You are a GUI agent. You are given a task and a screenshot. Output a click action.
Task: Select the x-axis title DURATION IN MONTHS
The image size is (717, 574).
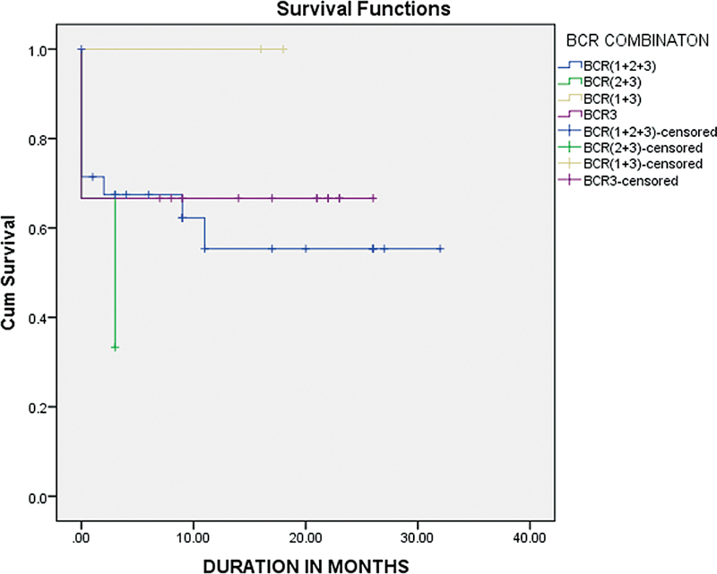click(x=305, y=565)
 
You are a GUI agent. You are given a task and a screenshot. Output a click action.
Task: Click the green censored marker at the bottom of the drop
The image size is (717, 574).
click(x=116, y=347)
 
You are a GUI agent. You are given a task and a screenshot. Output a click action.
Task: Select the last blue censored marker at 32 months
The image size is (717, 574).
click(x=440, y=248)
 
